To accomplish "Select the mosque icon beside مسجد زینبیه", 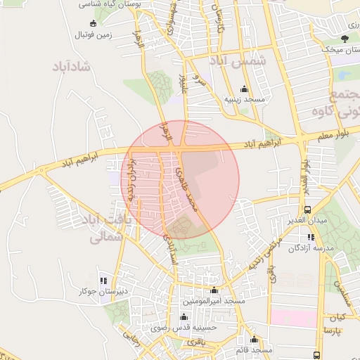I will tap(244, 89).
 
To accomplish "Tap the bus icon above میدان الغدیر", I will tap(307, 210).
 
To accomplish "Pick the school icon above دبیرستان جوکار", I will tap(104, 280).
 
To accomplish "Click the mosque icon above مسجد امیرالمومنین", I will tap(214, 290).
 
